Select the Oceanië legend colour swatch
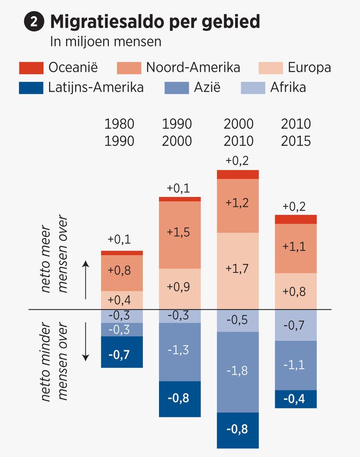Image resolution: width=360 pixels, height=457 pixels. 31,68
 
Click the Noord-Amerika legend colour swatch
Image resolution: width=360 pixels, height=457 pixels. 128,68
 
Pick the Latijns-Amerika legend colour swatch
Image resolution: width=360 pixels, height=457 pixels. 31,88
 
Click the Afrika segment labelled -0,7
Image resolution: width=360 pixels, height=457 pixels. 295,325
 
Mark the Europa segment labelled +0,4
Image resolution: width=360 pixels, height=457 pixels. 122,300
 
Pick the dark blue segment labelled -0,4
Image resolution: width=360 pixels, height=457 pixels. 295,399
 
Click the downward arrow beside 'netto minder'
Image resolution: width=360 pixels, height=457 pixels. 85,341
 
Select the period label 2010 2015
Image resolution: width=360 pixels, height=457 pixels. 296,133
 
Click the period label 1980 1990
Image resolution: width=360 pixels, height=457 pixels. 119,133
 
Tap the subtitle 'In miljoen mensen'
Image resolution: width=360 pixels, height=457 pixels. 106,42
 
